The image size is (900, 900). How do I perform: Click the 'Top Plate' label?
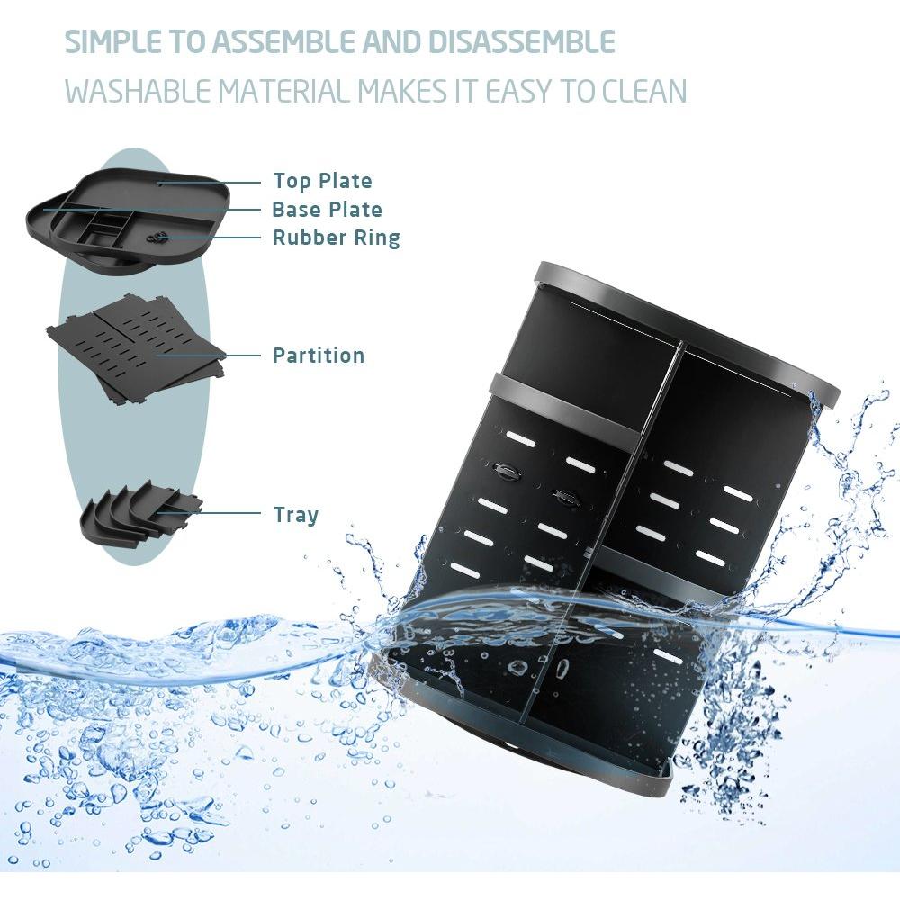[x=322, y=181]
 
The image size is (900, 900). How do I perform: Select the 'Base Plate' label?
[x=327, y=210]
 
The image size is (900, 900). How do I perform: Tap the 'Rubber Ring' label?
[x=336, y=238]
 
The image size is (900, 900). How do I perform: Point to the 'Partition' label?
[x=319, y=355]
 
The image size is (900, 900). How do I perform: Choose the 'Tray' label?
[x=295, y=516]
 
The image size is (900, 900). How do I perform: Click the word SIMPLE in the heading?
[x=112, y=42]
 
